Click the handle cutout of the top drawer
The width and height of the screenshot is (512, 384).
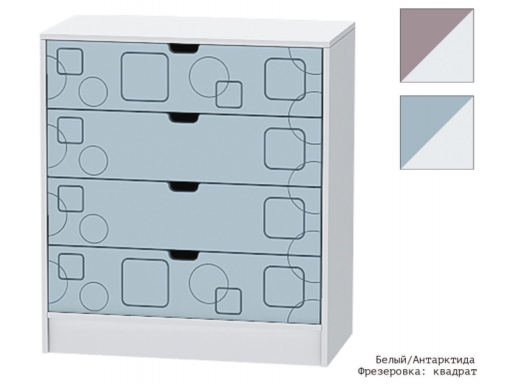[184, 49]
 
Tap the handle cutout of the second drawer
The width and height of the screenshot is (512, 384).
[184, 118]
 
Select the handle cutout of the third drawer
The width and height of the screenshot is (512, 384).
[184, 187]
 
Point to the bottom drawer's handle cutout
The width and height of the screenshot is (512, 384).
[184, 255]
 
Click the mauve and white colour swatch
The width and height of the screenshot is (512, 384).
[437, 45]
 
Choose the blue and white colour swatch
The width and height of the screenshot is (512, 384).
[437, 132]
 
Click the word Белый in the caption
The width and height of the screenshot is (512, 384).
[390, 360]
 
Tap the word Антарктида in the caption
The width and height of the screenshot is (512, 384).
[444, 360]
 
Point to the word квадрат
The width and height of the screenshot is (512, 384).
[455, 372]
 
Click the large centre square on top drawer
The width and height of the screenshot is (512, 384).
[145, 77]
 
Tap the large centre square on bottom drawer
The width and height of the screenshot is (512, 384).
[145, 283]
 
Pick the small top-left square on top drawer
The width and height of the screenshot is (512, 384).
[70, 61]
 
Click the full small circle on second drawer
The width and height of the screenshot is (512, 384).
[93, 161]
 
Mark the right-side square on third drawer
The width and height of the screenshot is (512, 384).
[284, 218]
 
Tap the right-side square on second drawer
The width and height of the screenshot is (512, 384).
[285, 149]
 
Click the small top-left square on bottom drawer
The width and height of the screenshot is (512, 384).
[71, 266]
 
